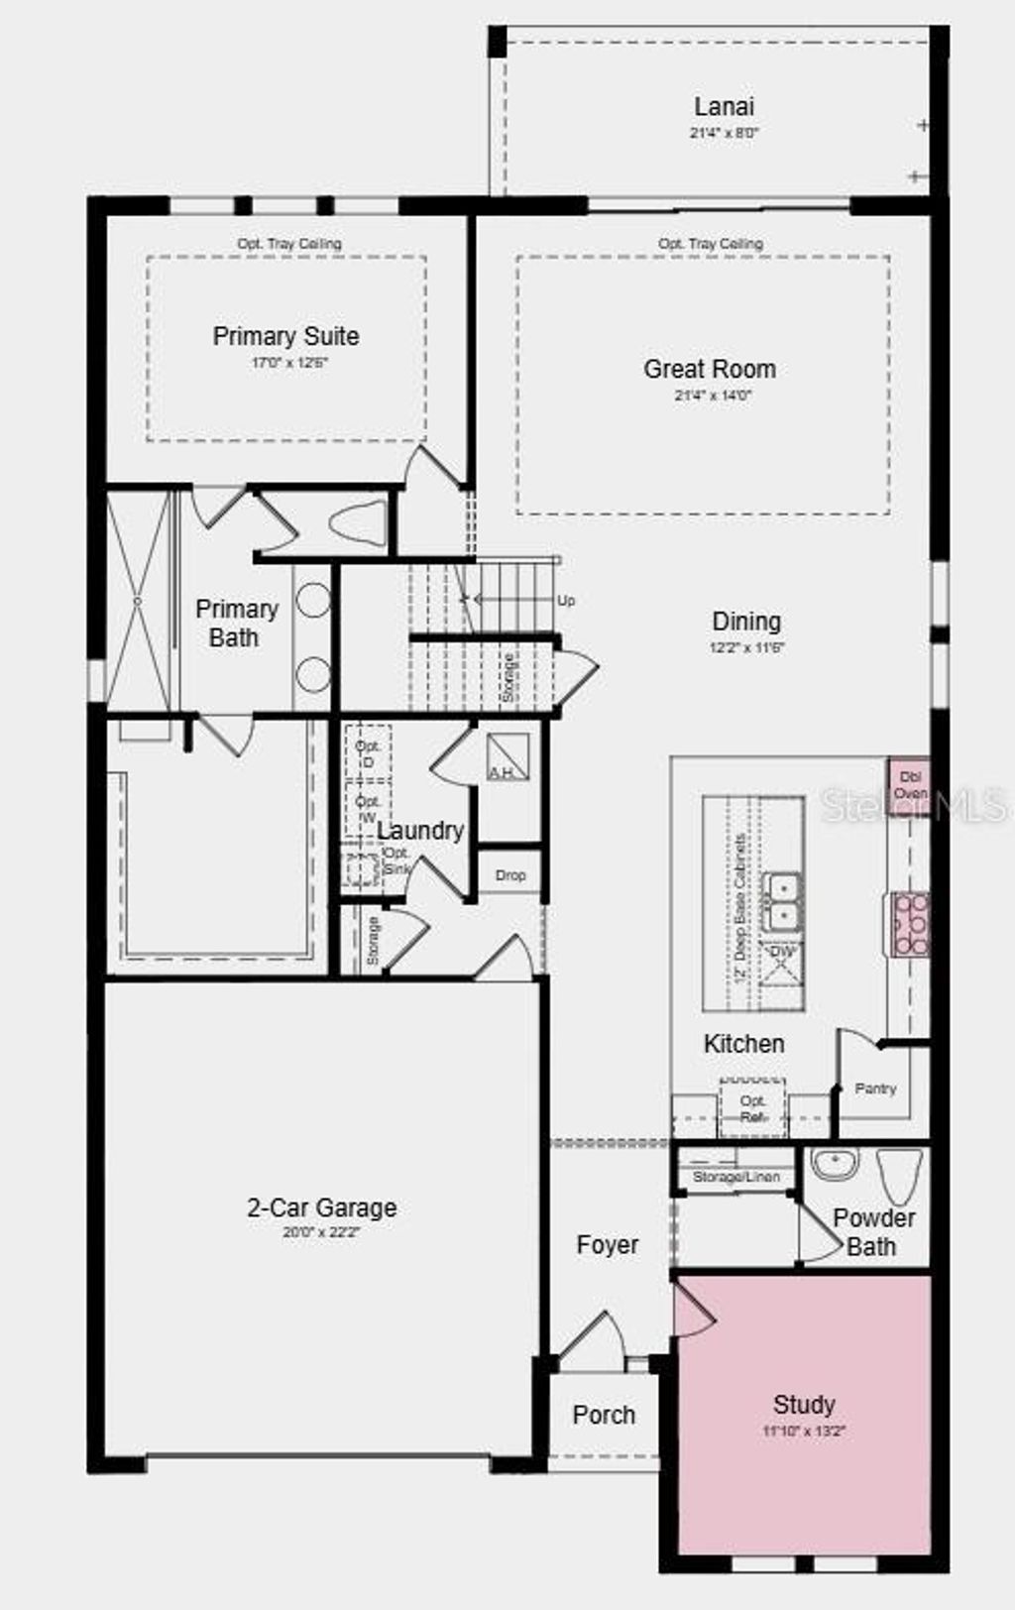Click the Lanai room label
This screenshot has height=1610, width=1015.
(x=724, y=107)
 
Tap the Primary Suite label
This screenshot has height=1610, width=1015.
(x=285, y=336)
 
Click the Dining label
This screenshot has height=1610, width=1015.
(x=746, y=622)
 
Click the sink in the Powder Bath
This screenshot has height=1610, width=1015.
(x=836, y=1164)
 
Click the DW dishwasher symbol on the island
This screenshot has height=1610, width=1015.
(x=782, y=965)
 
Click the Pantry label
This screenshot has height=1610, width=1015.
(x=875, y=1089)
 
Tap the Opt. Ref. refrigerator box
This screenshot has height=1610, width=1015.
(x=752, y=1108)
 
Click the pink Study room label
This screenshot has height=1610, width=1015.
(x=804, y=1404)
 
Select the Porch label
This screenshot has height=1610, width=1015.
(x=604, y=1415)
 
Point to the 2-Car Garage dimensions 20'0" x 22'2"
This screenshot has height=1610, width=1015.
(x=321, y=1232)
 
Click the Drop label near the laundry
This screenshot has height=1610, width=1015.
(x=510, y=875)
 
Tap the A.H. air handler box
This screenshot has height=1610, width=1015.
(x=507, y=758)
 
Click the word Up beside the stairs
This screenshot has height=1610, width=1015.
(x=566, y=601)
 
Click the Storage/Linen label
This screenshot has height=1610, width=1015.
(x=735, y=1177)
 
